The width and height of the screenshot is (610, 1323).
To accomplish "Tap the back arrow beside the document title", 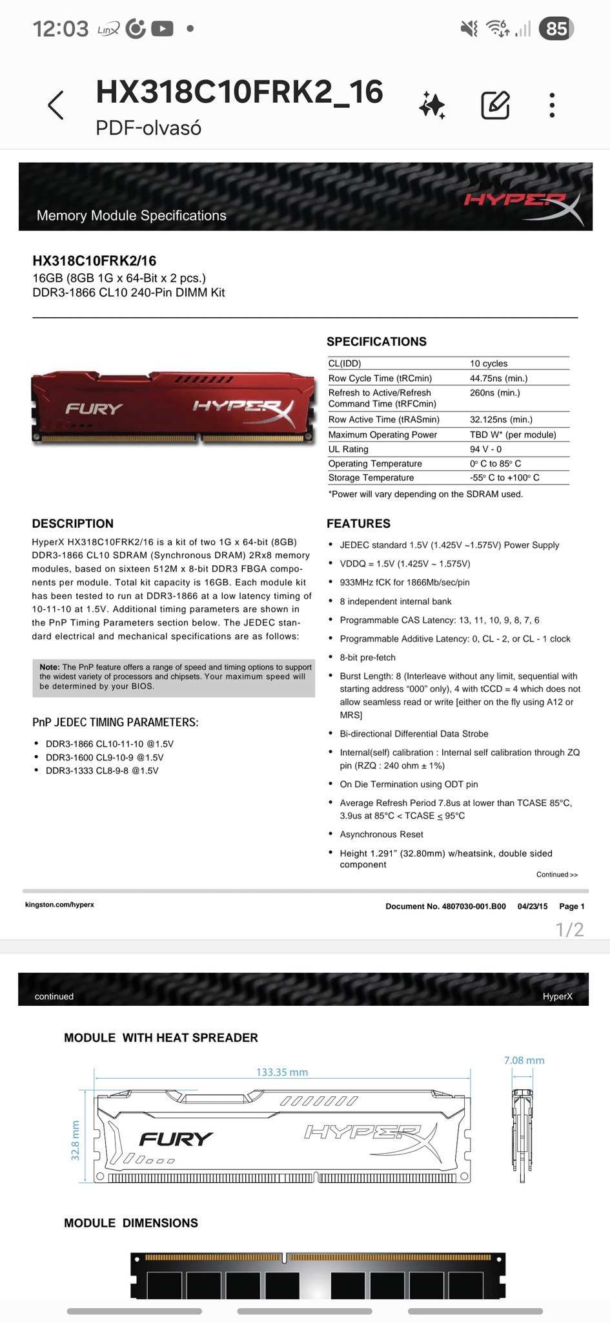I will point(56,105).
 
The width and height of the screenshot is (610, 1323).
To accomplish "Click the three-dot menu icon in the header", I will point(552,105).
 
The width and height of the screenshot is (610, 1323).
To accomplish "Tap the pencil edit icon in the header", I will point(495,105).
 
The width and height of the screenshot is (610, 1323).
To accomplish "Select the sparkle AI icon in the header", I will point(432,105).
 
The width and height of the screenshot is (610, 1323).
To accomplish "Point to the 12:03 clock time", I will point(60,28).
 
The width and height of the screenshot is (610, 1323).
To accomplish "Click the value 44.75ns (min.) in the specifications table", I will point(498,379).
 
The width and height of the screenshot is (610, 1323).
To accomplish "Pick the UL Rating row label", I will point(348,450).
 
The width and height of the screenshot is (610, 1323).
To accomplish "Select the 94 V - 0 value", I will point(485,450).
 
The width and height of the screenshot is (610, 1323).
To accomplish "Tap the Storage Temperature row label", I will point(371,478).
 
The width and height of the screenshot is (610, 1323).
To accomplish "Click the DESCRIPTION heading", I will point(72,524).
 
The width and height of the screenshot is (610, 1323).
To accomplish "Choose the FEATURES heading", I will point(358,524).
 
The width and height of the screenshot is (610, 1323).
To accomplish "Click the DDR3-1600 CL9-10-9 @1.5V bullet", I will point(104,758).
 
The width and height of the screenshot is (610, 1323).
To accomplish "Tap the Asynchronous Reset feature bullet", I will point(381,835).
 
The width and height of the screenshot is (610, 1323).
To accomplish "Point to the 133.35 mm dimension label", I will point(282,1072).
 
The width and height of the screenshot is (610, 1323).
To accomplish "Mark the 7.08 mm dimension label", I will point(524,1061).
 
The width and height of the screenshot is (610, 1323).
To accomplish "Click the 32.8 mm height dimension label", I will point(75,1141).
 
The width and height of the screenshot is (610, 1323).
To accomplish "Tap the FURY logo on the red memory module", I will point(94,409).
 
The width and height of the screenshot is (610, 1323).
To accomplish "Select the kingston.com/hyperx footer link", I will point(59,905).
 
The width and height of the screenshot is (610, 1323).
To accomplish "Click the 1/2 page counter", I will point(569,930).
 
